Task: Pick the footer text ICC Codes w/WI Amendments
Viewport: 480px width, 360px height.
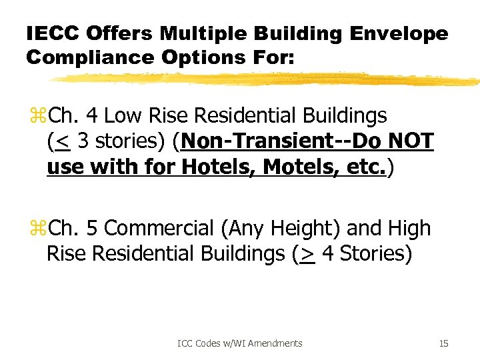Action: (x=240, y=343)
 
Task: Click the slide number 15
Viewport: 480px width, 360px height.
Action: (x=443, y=343)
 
